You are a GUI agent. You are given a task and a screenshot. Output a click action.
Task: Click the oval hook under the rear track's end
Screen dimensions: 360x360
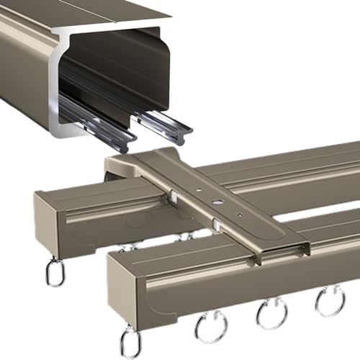pos(55,272)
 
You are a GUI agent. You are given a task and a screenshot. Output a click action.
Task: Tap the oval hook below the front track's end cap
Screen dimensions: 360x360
pos(130,340)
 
